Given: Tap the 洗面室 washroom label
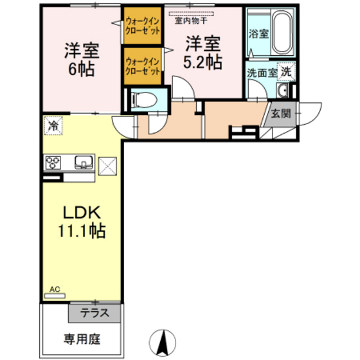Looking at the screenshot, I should point(261,73).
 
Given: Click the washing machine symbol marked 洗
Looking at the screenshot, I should point(287,72).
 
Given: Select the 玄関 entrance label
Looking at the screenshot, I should point(281,114).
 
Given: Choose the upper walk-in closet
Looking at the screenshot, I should point(141,26).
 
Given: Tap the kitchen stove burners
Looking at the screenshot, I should point(53,162).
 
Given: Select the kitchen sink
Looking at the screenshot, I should point(83,161).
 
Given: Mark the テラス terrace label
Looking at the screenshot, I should point(94,314).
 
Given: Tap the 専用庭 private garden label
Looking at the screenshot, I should point(82,337).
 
